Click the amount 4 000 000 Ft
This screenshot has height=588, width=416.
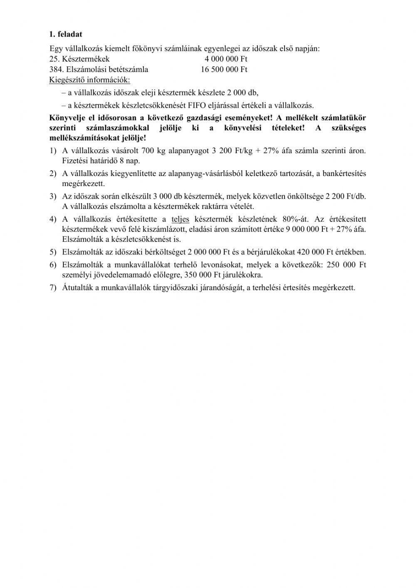[x=226, y=59]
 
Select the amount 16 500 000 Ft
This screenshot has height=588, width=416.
[x=224, y=69]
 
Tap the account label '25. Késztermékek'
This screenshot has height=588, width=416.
[x=79, y=59]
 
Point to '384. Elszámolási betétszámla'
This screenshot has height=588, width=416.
[x=99, y=69]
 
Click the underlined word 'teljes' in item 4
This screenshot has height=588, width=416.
[x=180, y=219]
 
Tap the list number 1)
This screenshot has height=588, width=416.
[x=53, y=150]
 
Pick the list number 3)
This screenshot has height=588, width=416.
[x=53, y=196]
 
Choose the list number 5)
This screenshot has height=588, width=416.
[x=53, y=252]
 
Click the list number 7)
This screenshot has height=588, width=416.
[x=53, y=288]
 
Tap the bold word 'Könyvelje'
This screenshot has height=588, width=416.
[x=66, y=118]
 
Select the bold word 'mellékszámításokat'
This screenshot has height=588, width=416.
[x=83, y=138]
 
